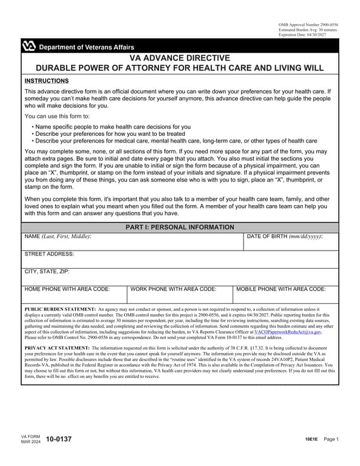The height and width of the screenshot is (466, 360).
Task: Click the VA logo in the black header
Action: click(x=29, y=47)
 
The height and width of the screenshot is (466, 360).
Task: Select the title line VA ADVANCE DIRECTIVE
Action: click(x=180, y=58)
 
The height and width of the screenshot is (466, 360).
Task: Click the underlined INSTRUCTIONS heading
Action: click(x=46, y=81)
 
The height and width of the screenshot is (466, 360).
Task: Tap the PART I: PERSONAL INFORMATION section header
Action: click(x=180, y=228)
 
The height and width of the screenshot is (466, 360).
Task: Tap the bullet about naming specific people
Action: click(x=112, y=127)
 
